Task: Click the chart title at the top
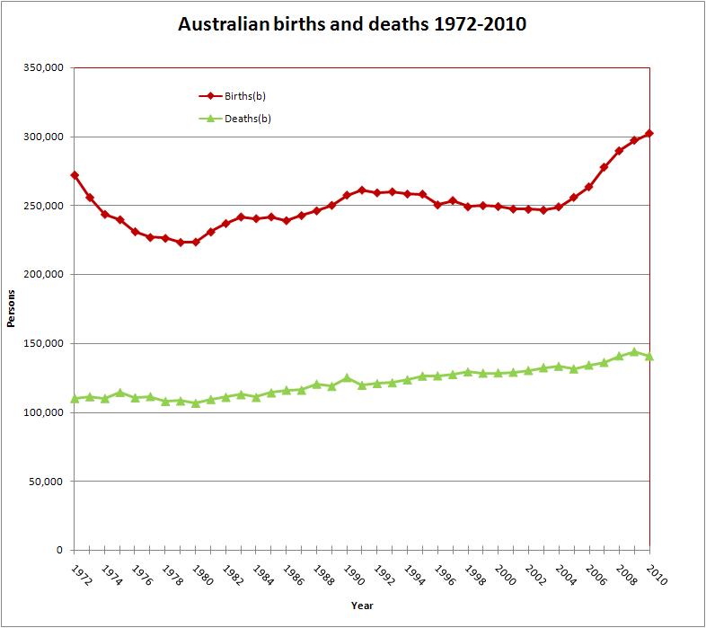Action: [x=352, y=24]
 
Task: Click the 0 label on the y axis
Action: [x=59, y=550]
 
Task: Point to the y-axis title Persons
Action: [x=12, y=309]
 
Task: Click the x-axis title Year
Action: [x=362, y=605]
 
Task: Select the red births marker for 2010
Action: [x=649, y=134]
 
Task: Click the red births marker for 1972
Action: [x=75, y=175]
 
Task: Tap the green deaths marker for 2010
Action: [x=649, y=356]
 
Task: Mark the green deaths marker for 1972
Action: [x=75, y=398]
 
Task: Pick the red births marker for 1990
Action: [x=347, y=195]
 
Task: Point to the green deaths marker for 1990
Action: [x=347, y=378]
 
